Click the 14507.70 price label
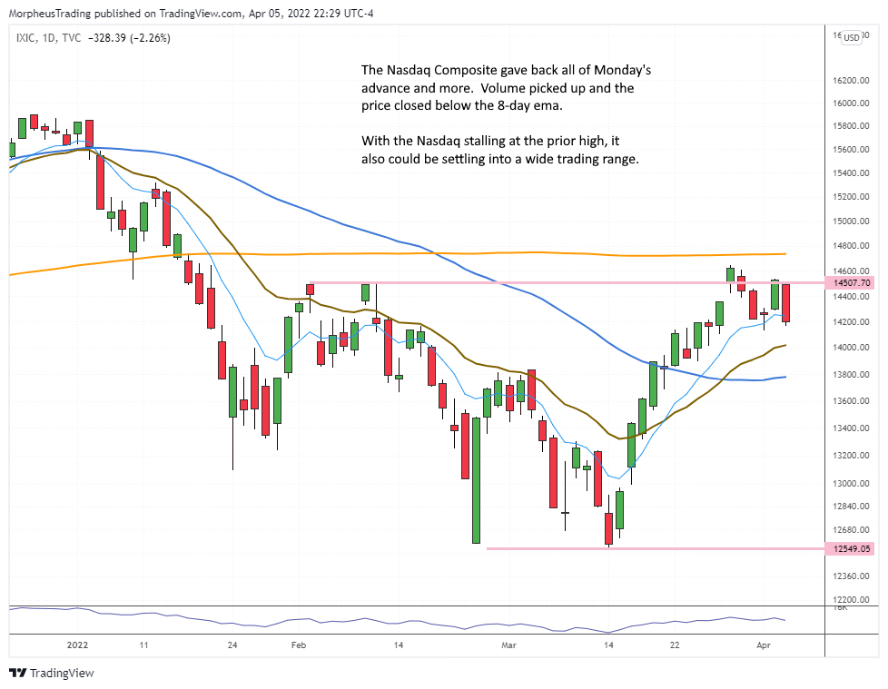click(851, 283)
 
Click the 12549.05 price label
click(851, 548)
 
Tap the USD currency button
click(852, 37)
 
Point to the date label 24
click(232, 645)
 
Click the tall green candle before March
click(475, 479)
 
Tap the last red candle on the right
click(786, 302)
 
